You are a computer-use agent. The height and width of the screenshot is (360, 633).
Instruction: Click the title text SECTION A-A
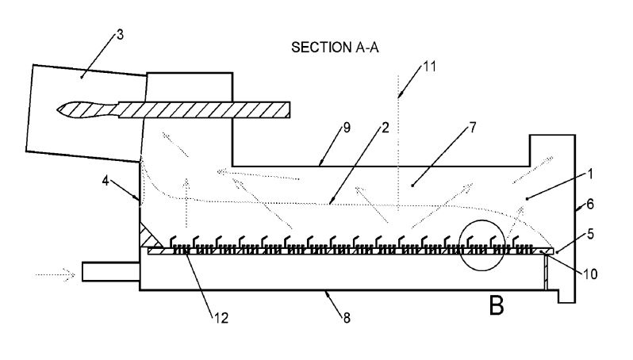click(x=336, y=48)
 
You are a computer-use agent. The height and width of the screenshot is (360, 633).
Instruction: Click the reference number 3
click(x=119, y=34)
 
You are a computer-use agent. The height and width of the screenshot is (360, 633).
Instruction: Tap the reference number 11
click(x=429, y=66)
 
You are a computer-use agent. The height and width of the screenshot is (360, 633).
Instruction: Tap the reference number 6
click(x=592, y=205)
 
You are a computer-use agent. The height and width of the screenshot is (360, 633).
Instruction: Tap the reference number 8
click(x=345, y=318)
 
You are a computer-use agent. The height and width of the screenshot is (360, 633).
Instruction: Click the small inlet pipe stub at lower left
click(x=110, y=272)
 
